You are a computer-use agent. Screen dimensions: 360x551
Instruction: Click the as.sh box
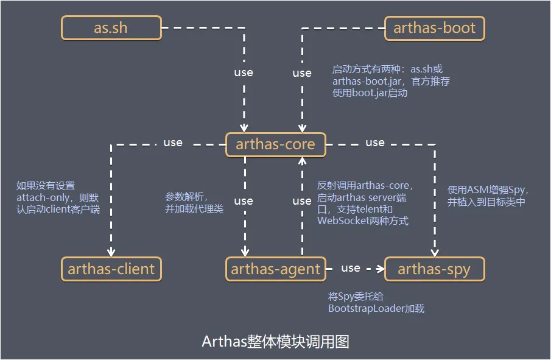point(112,28)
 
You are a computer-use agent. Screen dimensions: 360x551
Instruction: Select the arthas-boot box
point(435,28)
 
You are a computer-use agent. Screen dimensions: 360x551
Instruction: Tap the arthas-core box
point(275,144)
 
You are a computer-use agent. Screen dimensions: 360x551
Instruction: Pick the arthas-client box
point(111,269)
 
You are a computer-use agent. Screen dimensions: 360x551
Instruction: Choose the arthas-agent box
point(275,269)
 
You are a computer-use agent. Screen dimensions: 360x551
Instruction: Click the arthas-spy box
point(434,269)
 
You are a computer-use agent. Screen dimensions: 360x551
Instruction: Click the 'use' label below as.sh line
point(244,72)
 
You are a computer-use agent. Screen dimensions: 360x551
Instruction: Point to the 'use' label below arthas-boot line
point(302,72)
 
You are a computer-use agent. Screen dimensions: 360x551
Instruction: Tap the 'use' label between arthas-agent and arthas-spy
point(351,267)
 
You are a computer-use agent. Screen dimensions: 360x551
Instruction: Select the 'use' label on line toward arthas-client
point(173,142)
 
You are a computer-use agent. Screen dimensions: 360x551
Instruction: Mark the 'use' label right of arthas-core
point(375,142)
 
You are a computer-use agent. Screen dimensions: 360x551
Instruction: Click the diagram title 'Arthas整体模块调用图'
point(275,341)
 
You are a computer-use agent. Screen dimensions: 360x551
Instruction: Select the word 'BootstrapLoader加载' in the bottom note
point(376,308)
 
